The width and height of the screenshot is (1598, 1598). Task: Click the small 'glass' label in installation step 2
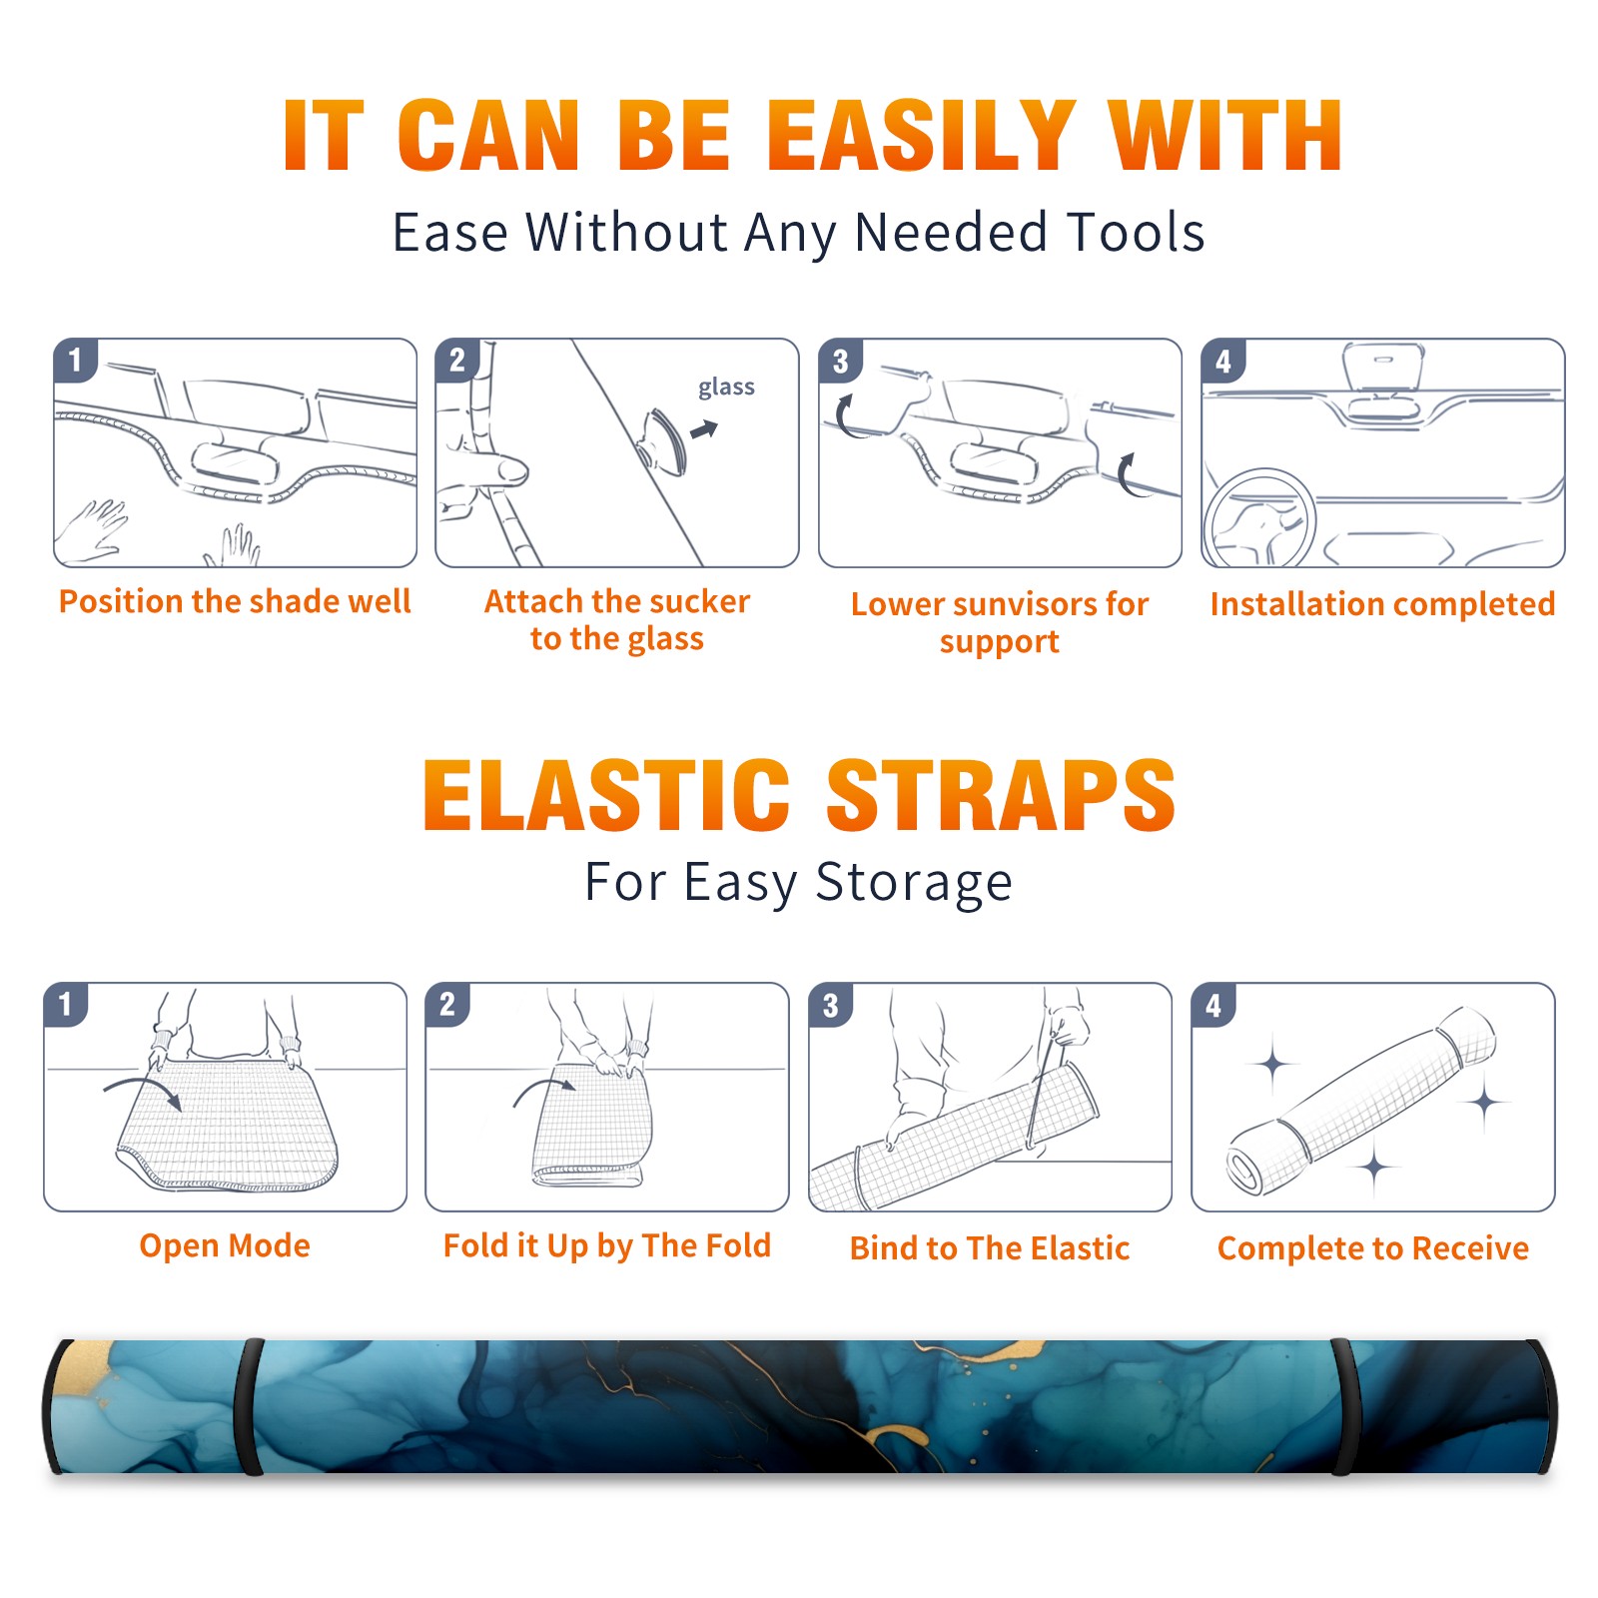pos(726,387)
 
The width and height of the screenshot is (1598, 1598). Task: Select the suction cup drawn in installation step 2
pos(665,440)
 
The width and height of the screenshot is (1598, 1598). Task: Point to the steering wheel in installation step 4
pos(1259,518)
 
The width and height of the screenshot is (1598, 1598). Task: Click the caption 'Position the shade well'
pos(235,601)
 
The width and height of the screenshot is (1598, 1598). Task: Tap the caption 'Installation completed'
pos(1382,603)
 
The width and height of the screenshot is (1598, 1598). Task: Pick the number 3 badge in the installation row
pos(840,361)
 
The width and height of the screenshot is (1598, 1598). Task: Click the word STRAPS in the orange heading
pos(1001,795)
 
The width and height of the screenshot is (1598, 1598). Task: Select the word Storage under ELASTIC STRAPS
pos(914,883)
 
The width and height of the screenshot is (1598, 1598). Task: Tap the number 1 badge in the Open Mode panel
pos(66,1004)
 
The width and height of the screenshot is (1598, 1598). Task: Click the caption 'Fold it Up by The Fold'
pos(607,1245)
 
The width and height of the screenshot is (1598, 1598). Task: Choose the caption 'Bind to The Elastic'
pos(990,1247)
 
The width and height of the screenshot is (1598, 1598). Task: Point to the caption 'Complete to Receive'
pos(1373,1247)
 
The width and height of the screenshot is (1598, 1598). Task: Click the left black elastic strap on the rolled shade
pos(248,1406)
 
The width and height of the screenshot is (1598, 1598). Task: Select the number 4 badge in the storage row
pos(1213,1004)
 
